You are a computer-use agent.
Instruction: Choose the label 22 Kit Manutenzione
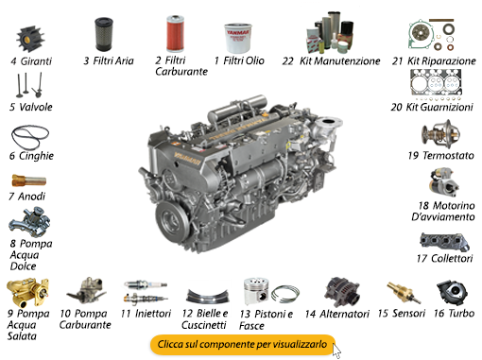click(x=331, y=60)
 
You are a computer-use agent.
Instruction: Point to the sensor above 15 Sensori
click(x=397, y=289)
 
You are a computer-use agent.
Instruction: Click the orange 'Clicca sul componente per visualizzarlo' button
click(x=243, y=345)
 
